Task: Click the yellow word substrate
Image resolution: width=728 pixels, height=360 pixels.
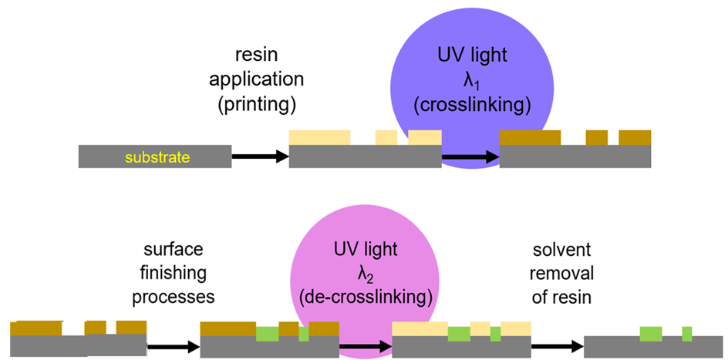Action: (x=157, y=158)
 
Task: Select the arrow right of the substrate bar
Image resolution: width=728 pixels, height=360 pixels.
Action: (x=259, y=156)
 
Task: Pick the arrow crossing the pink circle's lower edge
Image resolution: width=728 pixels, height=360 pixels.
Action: (x=365, y=346)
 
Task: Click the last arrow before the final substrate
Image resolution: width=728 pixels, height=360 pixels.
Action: (x=557, y=346)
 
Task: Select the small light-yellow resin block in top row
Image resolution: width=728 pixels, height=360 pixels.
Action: (x=386, y=137)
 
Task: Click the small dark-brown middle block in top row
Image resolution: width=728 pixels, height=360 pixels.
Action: (x=596, y=137)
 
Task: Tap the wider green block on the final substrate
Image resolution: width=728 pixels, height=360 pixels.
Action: (x=651, y=334)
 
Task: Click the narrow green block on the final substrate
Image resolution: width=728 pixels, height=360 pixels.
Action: (x=686, y=334)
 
